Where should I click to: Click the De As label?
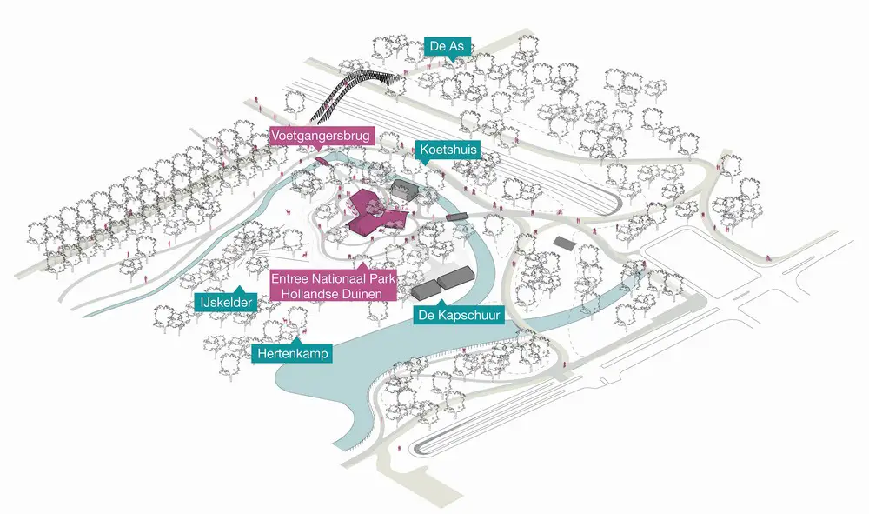pos(447,46)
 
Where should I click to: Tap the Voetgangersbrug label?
pos(321,136)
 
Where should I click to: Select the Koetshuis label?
pos(448,149)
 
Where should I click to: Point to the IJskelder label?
pos(226,302)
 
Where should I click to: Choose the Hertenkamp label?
pos(293,353)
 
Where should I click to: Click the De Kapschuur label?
pos(460,316)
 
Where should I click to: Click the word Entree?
pos(289,278)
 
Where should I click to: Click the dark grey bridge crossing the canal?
pos(457,217)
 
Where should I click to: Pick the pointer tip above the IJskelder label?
pos(239,287)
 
